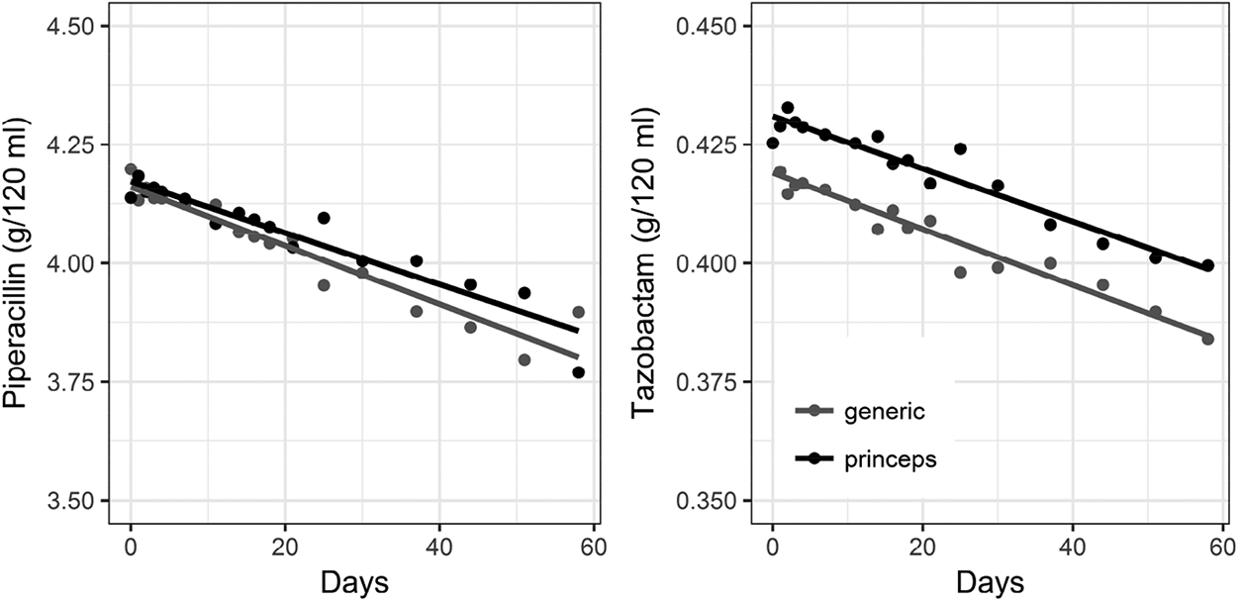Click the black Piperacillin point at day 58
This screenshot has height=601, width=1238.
coord(578,372)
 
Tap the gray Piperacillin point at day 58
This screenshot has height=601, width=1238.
coord(578,312)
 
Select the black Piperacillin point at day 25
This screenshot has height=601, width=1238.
coord(324,218)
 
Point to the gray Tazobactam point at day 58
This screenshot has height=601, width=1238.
coord(1207,339)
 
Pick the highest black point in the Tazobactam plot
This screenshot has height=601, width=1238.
coord(788,107)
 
